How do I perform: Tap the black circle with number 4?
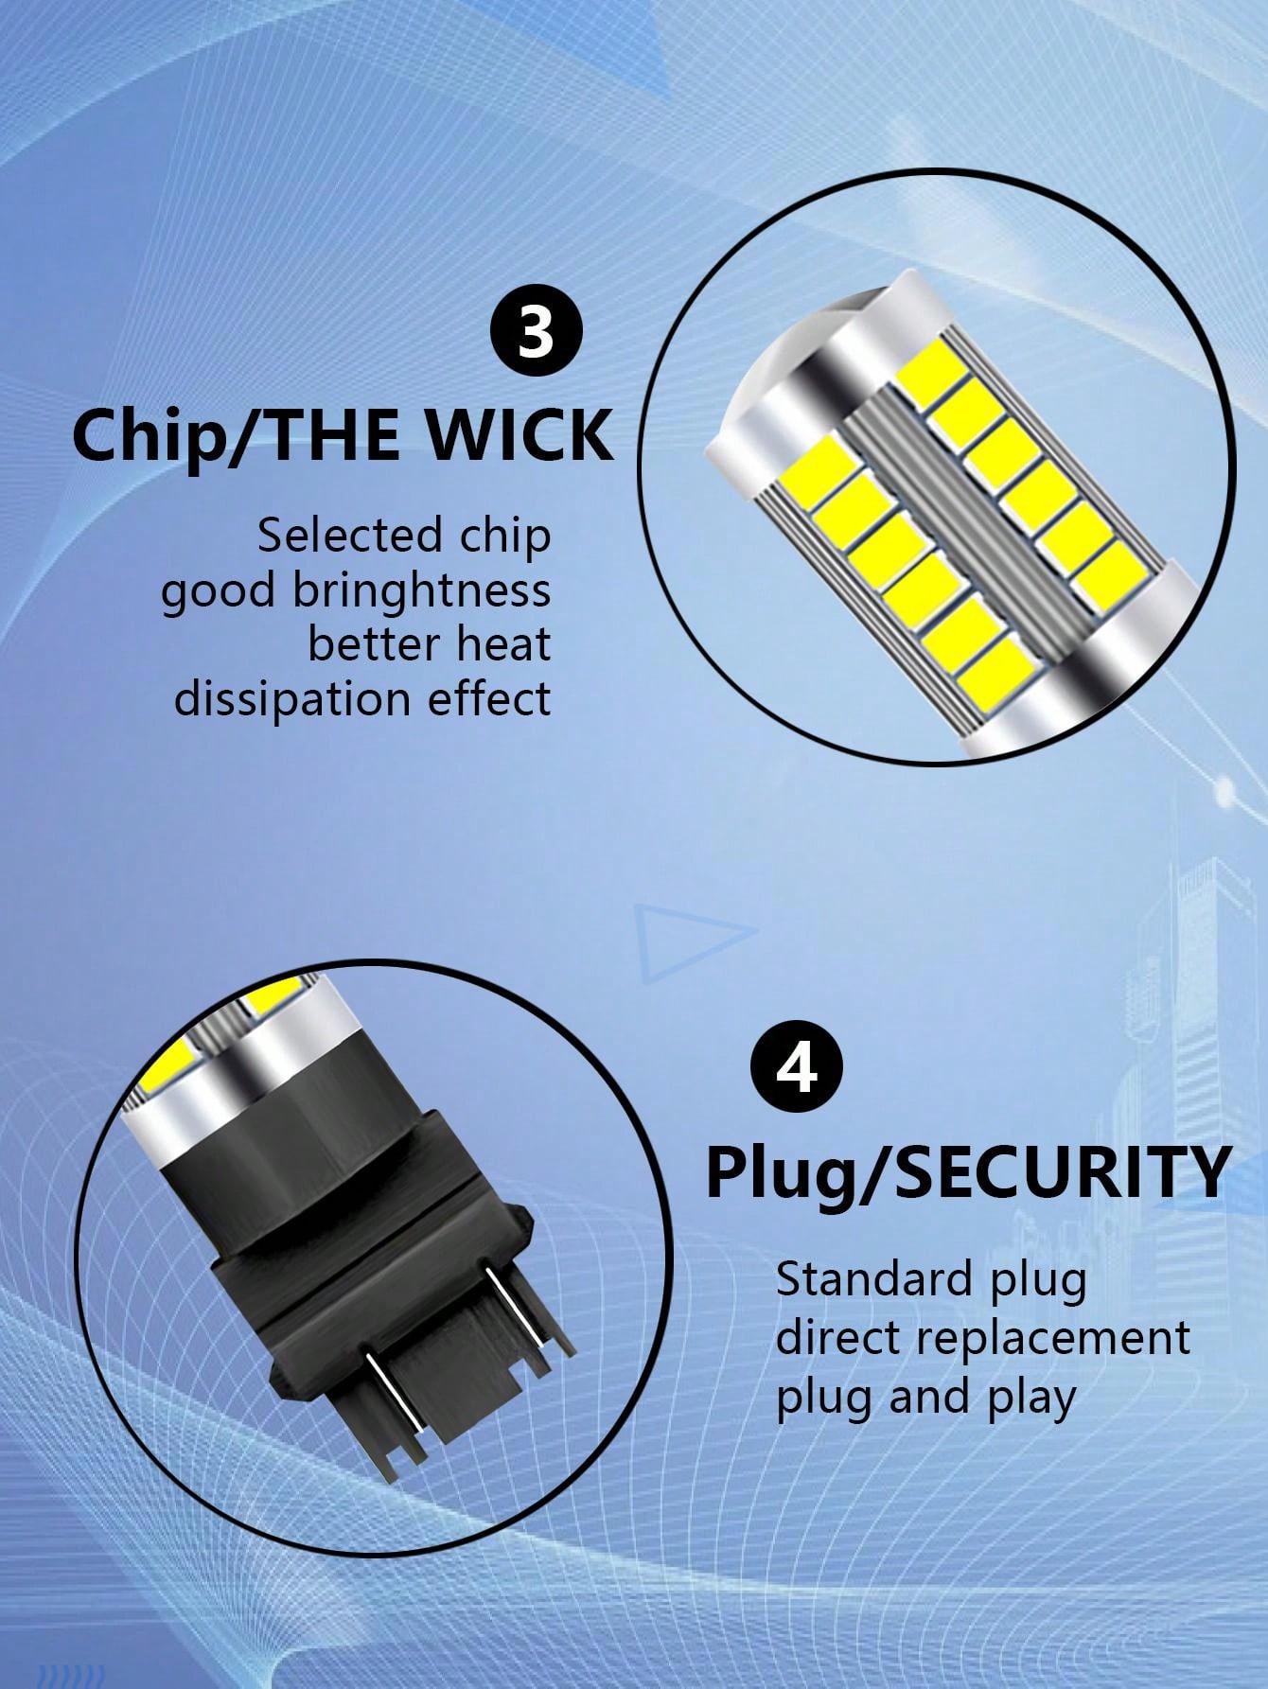pyautogui.click(x=797, y=1071)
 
